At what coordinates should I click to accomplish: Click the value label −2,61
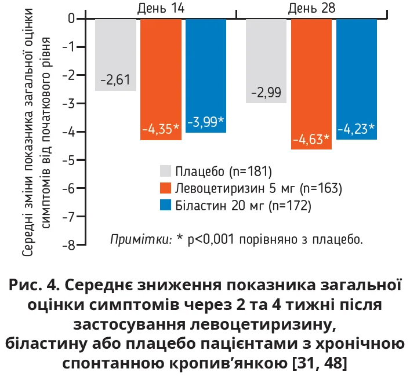115,80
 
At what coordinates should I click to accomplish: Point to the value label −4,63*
311,139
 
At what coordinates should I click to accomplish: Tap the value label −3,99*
205,122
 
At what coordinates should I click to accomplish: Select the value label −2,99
266,93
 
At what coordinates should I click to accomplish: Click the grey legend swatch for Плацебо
166,171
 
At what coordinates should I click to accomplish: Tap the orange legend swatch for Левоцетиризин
166,188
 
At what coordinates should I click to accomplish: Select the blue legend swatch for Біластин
166,205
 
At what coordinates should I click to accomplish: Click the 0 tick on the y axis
72,19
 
